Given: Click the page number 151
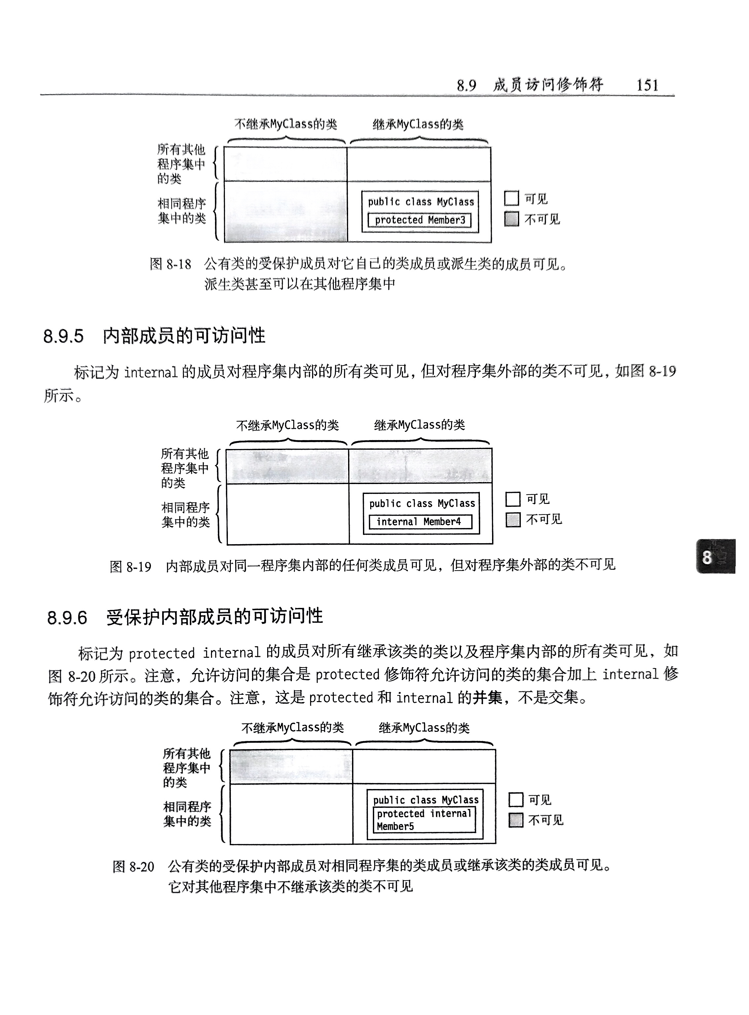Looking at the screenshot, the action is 647,85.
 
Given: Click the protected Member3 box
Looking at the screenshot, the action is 419,220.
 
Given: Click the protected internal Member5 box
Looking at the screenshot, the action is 424,819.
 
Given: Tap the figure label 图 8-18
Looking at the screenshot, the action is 170,264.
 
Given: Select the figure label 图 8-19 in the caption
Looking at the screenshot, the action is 130,566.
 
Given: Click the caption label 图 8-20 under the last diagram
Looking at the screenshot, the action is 133,867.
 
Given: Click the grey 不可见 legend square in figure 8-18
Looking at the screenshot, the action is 512,219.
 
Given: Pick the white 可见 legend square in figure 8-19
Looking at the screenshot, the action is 513,499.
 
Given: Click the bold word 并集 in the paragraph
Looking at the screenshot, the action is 487,697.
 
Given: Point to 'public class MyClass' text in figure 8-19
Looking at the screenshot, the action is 422,504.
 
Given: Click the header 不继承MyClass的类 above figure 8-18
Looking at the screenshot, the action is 286,124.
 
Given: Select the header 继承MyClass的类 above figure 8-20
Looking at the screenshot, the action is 424,728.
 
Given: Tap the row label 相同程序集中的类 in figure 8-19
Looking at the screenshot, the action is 186,515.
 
